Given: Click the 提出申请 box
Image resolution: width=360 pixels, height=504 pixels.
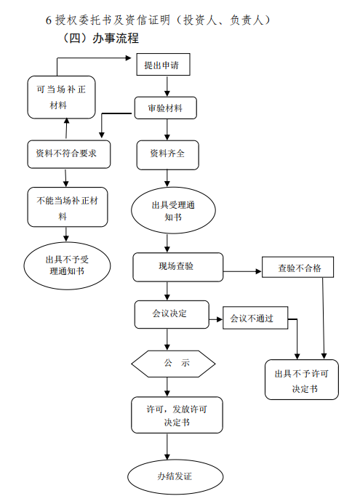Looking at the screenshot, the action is tap(164, 65).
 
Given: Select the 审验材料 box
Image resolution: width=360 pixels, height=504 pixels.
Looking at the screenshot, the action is tap(166, 108).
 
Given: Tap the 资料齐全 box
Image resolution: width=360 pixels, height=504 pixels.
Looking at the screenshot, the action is tap(167, 155).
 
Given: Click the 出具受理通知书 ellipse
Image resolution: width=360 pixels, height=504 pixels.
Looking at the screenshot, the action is tap(173, 210).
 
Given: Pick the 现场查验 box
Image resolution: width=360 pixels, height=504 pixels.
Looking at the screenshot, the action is tap(177, 267).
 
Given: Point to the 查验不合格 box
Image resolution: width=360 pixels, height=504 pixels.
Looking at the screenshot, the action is tap(298, 267).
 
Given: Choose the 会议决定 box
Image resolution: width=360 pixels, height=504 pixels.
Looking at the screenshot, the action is tap(172, 315).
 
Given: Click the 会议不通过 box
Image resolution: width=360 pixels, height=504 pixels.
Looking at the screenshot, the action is tap(255, 318).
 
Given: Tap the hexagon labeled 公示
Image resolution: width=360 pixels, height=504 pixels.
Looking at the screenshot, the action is tap(173, 364).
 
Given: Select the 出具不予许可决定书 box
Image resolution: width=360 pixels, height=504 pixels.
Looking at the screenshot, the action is tap(302, 380).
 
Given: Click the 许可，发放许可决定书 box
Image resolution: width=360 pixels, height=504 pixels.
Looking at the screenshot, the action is tap(177, 415).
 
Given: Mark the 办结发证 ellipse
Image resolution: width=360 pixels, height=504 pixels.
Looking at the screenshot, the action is tap(175, 476).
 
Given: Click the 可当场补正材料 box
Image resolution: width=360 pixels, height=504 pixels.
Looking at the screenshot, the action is tap(61, 97).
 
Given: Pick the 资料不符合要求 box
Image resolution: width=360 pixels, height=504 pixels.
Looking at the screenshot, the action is tap(69, 154).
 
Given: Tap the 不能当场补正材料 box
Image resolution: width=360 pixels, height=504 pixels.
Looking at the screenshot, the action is tap(68, 207).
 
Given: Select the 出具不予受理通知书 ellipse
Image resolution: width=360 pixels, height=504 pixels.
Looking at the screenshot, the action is tap(67, 266).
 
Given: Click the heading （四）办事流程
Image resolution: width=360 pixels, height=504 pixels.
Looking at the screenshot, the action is tap(100, 39).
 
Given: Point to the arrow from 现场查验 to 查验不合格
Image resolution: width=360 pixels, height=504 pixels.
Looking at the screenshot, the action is tap(242, 271).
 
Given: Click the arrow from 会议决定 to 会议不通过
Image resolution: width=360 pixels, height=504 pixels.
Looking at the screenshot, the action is tap(216, 319).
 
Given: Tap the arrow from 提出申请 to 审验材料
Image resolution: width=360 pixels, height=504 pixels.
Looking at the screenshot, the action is tap(167, 86).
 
